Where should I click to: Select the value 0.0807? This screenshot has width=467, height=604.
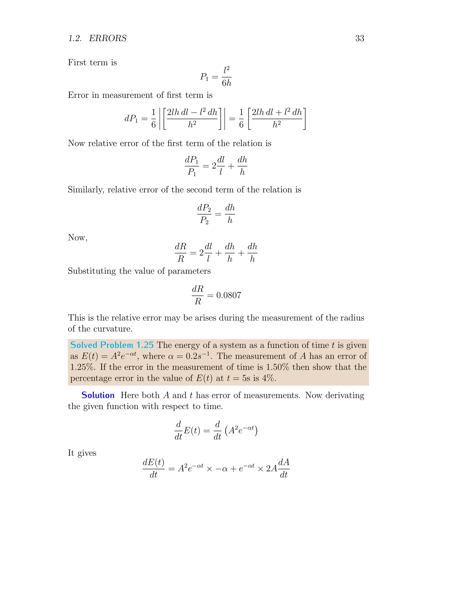tap(228, 295)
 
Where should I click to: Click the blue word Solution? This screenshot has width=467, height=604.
tap(98, 395)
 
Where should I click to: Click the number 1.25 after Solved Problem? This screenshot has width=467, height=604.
tap(145, 345)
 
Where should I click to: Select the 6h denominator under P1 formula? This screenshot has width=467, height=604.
tap(227, 83)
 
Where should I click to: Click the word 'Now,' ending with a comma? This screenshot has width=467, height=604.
tap(78, 237)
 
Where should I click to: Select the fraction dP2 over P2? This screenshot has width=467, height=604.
tap(204, 214)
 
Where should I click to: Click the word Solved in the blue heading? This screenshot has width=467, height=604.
tap(83, 345)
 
